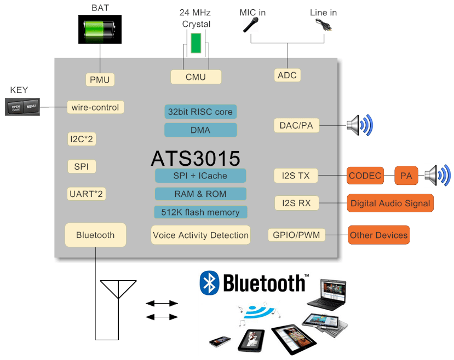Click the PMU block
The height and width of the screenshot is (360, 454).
point(99,79)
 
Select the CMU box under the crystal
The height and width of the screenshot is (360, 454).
point(196,77)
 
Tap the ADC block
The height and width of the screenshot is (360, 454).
point(287,75)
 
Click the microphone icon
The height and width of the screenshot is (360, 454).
point(251,25)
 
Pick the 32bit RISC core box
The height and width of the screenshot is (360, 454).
point(200,112)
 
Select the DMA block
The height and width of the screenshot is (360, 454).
point(200,130)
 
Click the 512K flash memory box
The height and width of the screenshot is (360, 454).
point(200,212)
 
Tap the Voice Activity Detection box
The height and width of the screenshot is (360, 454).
point(200,235)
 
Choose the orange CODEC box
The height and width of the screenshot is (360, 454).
point(365,176)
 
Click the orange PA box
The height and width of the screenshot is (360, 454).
point(406,176)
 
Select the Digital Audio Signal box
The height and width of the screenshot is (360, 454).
point(390,203)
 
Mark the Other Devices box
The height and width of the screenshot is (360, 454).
point(378,235)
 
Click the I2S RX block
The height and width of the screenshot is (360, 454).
point(296,203)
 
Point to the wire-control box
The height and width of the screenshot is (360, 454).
point(95,107)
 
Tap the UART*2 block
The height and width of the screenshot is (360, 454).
point(87,194)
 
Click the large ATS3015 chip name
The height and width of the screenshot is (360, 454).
point(195,158)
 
